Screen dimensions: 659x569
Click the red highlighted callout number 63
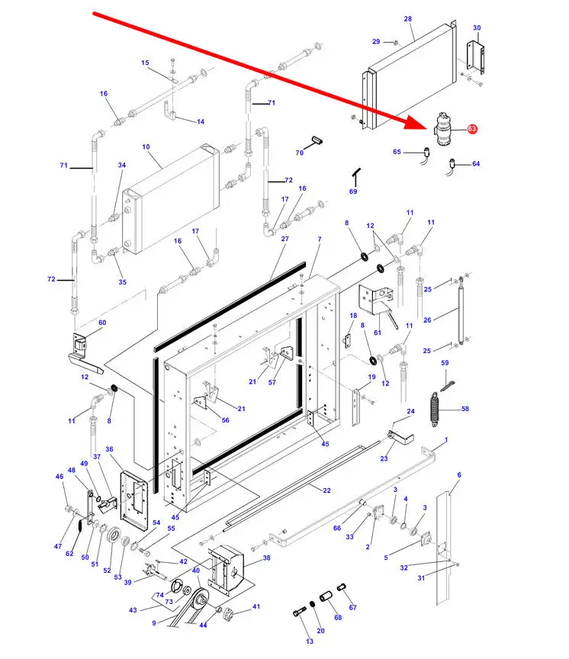coord(471,130)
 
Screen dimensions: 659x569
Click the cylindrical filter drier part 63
coord(441,129)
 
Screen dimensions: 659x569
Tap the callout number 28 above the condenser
coord(407,18)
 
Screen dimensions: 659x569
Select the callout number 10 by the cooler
coord(146,146)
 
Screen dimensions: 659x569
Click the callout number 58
coord(465,409)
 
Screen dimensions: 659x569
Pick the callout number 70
coord(300,153)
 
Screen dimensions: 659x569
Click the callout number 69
coord(353,191)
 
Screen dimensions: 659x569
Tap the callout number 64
coord(476,164)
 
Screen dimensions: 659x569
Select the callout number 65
coord(397,152)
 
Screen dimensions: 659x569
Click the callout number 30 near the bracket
coord(477,28)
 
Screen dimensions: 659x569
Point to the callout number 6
coord(459,475)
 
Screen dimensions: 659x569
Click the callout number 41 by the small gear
coord(256,607)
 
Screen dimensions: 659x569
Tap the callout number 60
coord(102,323)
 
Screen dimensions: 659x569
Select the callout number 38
coord(267,558)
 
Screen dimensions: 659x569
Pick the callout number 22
coord(326,490)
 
